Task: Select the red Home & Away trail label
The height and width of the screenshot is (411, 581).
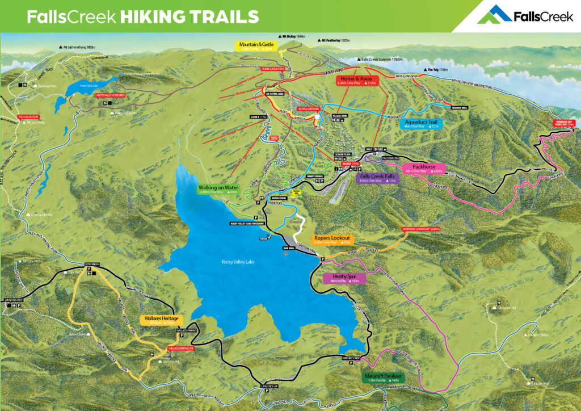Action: point(357,80)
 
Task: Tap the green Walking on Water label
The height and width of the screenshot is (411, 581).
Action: point(218,189)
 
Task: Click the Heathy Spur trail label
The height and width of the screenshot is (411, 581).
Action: point(344,278)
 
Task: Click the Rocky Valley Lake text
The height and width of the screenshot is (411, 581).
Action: point(239,262)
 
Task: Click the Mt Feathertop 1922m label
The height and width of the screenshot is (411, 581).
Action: point(339,41)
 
